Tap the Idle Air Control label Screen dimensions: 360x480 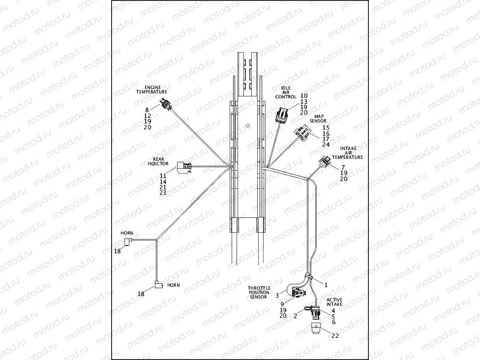click(286, 92)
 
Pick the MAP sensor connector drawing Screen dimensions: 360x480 click(302, 133)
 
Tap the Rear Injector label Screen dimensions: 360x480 click(158, 161)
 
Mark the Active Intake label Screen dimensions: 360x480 click(334, 302)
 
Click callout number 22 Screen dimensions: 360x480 click(336, 336)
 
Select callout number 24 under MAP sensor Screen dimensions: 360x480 click(326, 145)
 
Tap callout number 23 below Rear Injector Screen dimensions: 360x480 click(163, 193)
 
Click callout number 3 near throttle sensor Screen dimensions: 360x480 click(277, 295)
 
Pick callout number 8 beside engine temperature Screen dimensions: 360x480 click(147, 110)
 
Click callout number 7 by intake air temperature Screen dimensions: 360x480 click(343, 167)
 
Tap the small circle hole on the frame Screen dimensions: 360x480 click(248, 125)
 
